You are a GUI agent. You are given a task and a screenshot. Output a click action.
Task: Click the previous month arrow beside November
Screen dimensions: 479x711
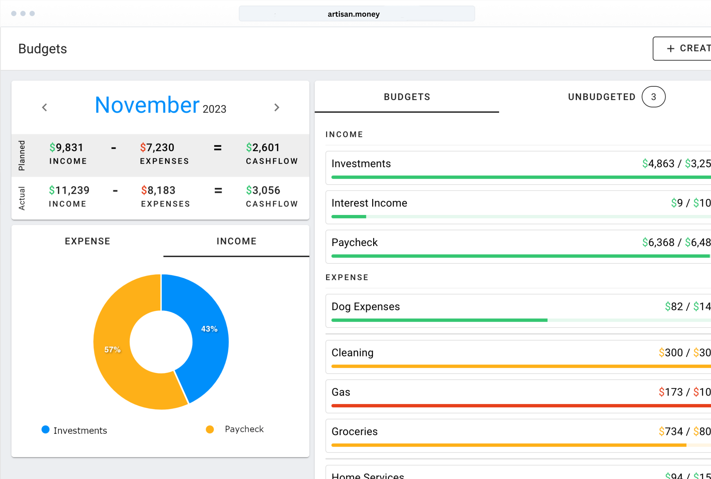(x=45, y=107)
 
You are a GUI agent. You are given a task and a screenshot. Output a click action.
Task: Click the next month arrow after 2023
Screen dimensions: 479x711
(x=277, y=107)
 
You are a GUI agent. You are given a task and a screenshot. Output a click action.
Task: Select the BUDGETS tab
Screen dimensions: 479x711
(x=407, y=97)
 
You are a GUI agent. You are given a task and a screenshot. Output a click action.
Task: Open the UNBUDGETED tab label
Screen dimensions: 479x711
(x=601, y=97)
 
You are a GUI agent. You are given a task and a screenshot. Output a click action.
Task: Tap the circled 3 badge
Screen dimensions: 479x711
(x=653, y=97)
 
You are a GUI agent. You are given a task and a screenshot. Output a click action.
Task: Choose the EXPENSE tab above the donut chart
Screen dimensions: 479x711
(x=87, y=241)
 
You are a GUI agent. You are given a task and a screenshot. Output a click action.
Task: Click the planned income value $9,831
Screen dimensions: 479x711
(x=66, y=148)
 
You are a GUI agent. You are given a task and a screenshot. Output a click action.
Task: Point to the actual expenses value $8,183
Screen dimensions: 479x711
(x=158, y=190)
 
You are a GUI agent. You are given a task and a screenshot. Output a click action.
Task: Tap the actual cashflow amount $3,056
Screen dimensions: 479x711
(x=263, y=190)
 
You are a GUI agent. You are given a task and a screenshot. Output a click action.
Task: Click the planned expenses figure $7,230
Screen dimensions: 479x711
(x=157, y=148)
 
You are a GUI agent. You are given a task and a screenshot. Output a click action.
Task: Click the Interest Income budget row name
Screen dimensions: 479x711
(x=369, y=203)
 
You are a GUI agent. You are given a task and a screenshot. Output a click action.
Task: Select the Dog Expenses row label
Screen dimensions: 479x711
(x=365, y=307)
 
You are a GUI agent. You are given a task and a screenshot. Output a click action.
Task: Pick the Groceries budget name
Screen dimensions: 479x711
(x=355, y=432)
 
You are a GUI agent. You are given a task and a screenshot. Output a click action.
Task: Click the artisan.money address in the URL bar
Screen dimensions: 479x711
(x=354, y=14)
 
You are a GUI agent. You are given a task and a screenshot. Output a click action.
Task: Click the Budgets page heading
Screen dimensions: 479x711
(x=43, y=49)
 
